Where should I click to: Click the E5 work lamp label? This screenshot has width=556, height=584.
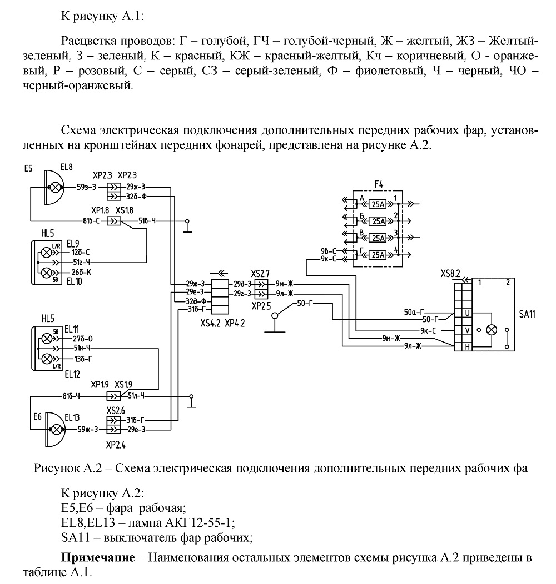tap(28, 169)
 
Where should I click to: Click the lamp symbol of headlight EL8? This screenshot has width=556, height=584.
tap(55, 187)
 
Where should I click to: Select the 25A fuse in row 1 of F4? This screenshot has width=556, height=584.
tap(379, 204)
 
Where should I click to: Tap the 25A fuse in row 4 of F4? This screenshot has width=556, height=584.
tap(379, 255)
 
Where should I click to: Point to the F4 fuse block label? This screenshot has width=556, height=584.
tap(379, 184)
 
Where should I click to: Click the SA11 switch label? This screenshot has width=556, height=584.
tap(527, 314)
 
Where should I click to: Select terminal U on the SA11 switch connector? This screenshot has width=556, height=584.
tap(467, 313)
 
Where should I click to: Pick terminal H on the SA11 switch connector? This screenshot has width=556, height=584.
tap(467, 347)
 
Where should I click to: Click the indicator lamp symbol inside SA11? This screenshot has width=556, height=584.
tap(493, 330)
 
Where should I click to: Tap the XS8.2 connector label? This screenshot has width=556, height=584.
tap(450, 274)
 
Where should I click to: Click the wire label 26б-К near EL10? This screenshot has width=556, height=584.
tap(81, 273)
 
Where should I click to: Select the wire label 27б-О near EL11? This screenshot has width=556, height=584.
tap(82, 339)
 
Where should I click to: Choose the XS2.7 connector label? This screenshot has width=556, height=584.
tap(260, 274)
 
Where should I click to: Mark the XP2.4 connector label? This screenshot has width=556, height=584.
tap(116, 445)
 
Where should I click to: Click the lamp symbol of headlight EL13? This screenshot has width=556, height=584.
tap(56, 430)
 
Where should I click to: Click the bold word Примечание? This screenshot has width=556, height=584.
tap(98, 557)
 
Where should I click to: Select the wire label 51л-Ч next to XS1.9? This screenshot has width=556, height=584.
tap(136, 396)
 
